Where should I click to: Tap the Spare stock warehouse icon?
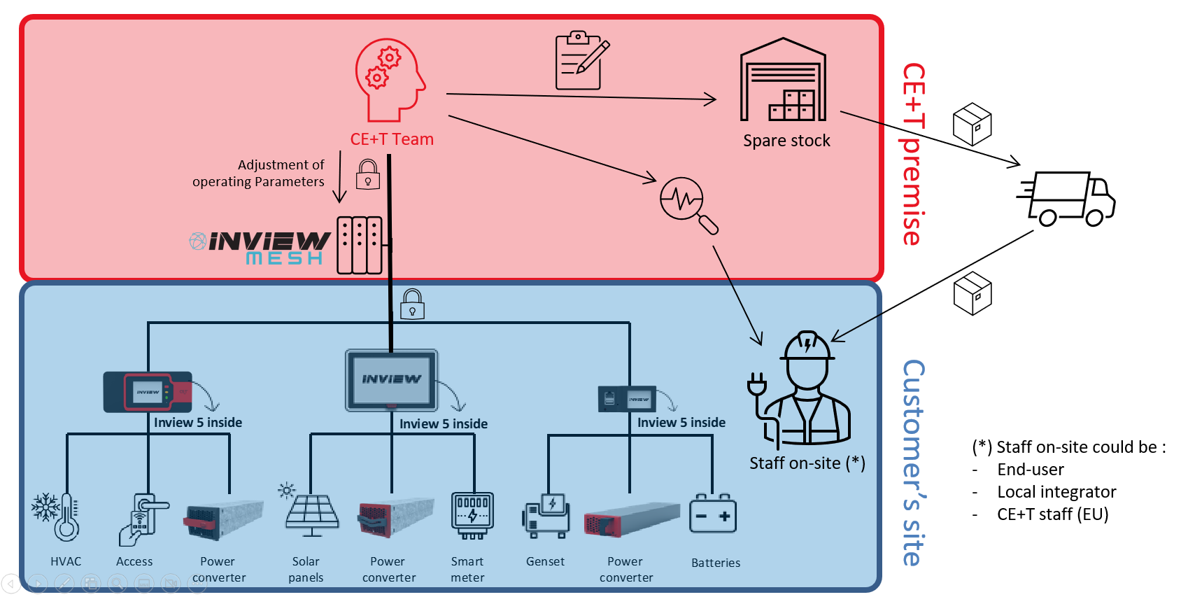pyautogui.click(x=784, y=80)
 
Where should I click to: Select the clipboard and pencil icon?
pyautogui.click(x=581, y=61)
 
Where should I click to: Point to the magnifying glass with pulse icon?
pyautogui.click(x=688, y=204)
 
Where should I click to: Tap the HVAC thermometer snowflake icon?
pyautogui.click(x=56, y=517)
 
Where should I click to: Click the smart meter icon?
pyautogui.click(x=473, y=515)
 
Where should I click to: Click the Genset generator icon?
pyautogui.click(x=546, y=517)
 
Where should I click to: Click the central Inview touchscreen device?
pyautogui.click(x=391, y=380)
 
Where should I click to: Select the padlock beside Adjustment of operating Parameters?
pyautogui.click(x=368, y=174)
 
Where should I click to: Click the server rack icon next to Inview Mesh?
pyautogui.click(x=360, y=245)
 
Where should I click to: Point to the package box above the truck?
pyautogui.click(x=972, y=125)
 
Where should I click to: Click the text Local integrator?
pyautogui.click(x=1056, y=492)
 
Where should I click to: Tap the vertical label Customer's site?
pyautogui.click(x=914, y=463)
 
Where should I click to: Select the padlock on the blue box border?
pyautogui.click(x=412, y=304)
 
